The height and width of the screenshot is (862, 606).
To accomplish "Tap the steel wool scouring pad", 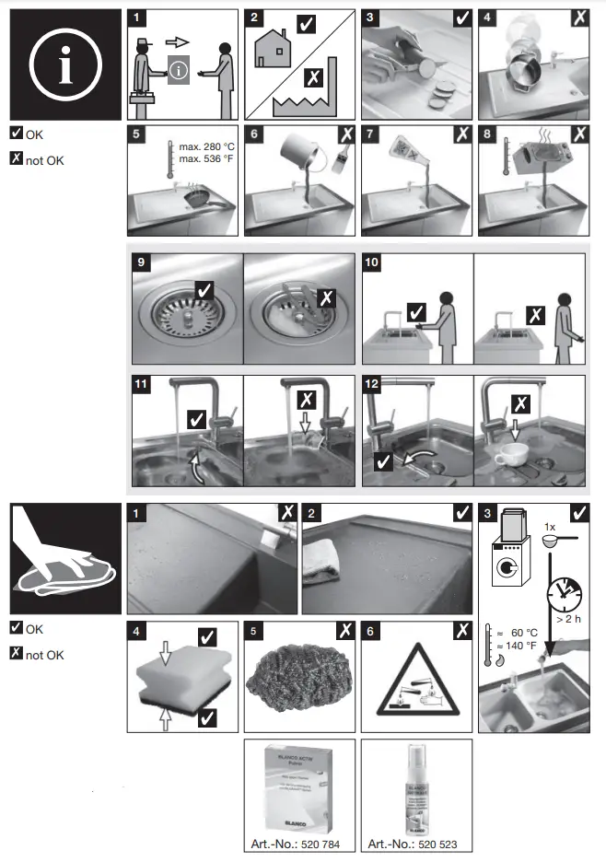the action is click(x=298, y=678).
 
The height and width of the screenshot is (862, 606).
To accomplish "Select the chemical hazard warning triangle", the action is click(x=416, y=679).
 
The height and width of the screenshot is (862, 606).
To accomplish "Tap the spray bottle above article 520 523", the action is click(x=413, y=787).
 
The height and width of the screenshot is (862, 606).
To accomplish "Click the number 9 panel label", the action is click(x=141, y=263).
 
